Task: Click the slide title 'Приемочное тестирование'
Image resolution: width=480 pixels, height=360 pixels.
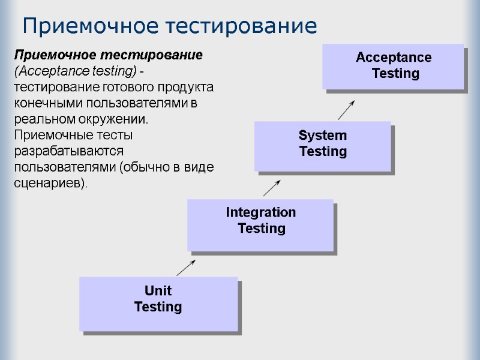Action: pos(169,26)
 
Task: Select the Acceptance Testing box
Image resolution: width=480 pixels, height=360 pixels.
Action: pos(393,66)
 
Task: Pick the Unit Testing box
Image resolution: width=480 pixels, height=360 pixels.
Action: pos(158,302)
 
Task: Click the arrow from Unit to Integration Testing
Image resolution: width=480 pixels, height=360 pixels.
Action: pos(185,268)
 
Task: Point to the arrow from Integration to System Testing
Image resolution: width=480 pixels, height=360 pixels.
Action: pos(272,188)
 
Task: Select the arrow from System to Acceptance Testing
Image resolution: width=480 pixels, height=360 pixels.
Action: pos(346,110)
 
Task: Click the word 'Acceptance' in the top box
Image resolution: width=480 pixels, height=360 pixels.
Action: pos(394,58)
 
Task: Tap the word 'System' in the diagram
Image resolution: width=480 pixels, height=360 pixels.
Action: pos(323,136)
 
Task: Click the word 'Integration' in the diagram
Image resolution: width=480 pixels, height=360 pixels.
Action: pos(260,212)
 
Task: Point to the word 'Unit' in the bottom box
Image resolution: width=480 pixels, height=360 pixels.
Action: pos(158,291)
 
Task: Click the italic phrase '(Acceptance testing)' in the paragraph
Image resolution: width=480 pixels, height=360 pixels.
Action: pos(73,71)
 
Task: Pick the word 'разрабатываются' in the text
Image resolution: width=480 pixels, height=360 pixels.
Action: pos(68,151)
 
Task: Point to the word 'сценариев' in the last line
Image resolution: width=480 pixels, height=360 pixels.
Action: pos(49,183)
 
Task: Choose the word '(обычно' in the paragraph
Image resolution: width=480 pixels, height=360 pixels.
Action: pos(143,167)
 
